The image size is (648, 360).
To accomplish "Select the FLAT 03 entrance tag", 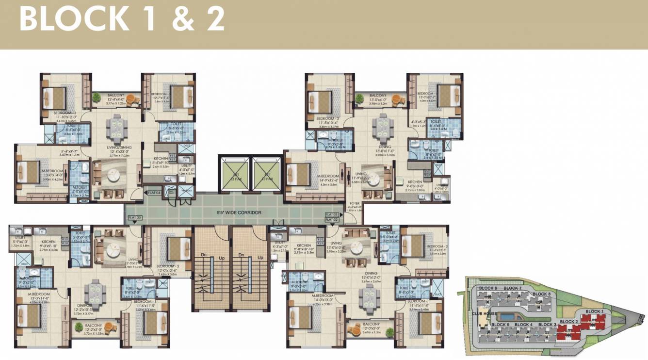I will [x=134, y=218].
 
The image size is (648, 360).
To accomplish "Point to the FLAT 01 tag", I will [x=331, y=214].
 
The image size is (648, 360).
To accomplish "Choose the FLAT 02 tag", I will [x=331, y=220].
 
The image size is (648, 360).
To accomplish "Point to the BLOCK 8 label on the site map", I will [x=541, y=294].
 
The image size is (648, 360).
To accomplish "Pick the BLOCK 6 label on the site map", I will [x=488, y=289].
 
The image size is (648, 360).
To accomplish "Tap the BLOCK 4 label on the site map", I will [x=523, y=325].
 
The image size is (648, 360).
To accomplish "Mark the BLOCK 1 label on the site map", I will [x=594, y=311].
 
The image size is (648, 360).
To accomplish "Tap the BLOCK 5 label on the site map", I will [x=500, y=325].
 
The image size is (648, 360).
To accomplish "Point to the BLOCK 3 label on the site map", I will [x=548, y=325].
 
